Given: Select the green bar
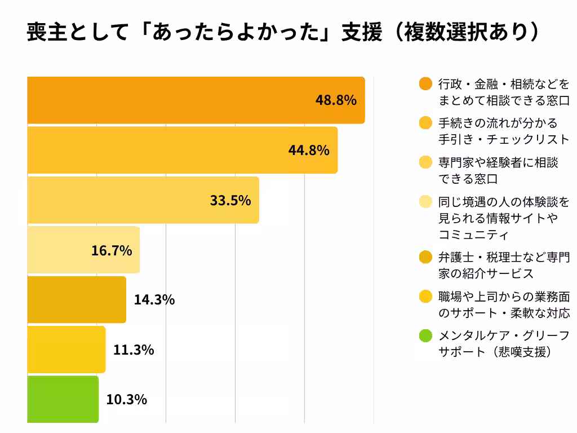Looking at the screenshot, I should point(63,399).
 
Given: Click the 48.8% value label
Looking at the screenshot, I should point(336,100).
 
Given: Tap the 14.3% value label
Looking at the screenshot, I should point(154,300).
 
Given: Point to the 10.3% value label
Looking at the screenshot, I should point(127,400).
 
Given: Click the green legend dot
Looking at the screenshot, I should point(425,337).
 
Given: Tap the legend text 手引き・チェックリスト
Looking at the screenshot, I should point(504,139).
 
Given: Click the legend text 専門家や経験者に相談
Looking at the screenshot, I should point(498,162).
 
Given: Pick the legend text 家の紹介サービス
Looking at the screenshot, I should point(486,273).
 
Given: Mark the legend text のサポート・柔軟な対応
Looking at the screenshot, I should point(504,313).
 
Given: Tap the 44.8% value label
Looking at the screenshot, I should point(309,151).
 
